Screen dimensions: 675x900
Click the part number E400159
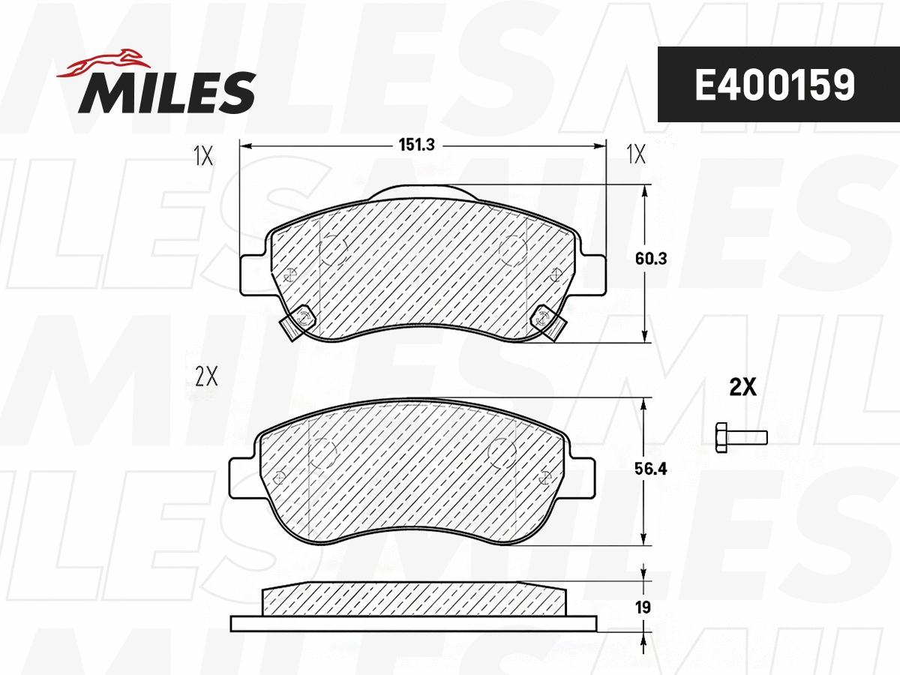[x=774, y=85]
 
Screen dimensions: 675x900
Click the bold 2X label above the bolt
[x=742, y=387]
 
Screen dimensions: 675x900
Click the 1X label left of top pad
[x=203, y=155]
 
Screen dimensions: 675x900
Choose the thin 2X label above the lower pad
[x=205, y=376]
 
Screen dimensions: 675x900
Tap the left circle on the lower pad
[x=322, y=453]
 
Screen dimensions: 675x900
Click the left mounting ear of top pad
[x=251, y=275]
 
